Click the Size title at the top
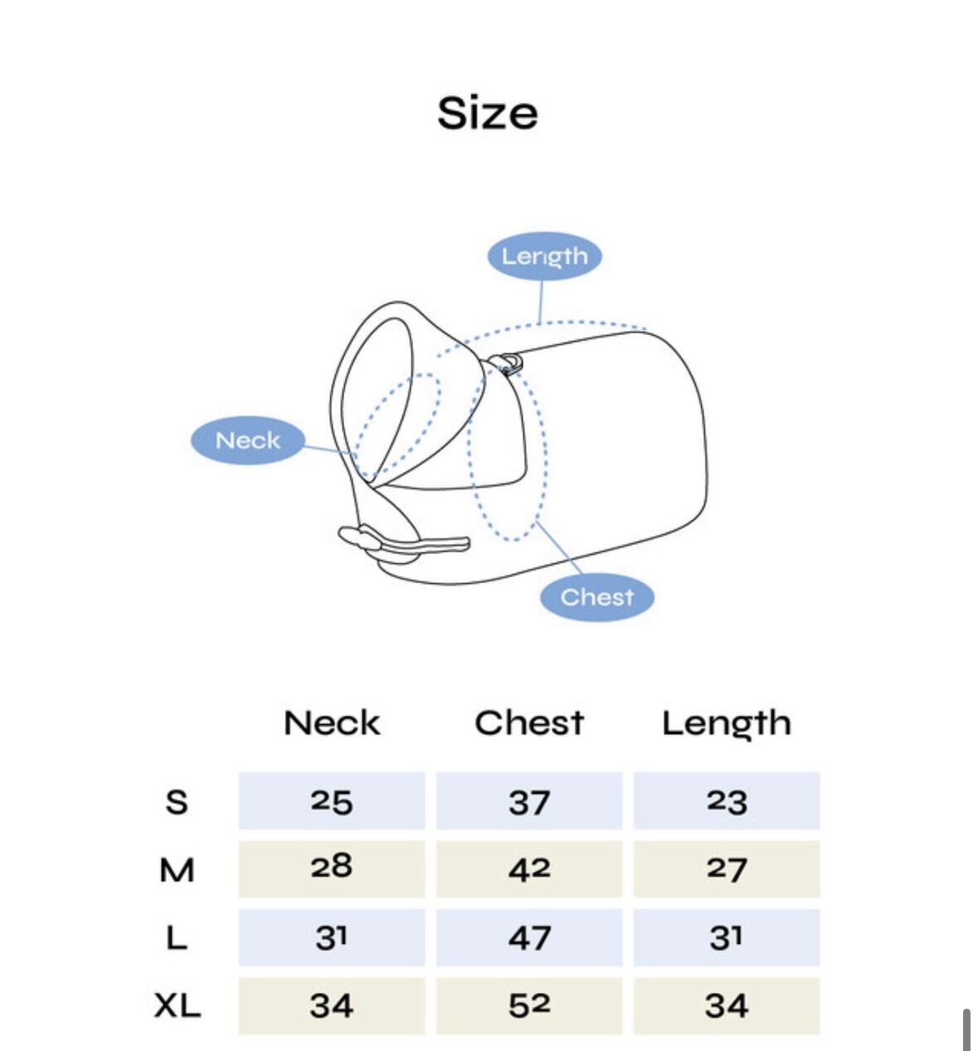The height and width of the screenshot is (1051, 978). click(488, 113)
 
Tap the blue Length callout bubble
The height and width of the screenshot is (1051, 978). click(544, 255)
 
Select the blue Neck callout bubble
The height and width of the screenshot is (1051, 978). click(248, 440)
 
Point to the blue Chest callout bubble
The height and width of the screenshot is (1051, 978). click(596, 596)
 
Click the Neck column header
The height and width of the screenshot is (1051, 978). click(332, 723)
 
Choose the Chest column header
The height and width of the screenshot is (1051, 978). click(529, 723)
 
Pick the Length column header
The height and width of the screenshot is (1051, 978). click(726, 723)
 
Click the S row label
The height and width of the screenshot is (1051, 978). click(177, 802)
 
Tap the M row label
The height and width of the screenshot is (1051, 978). click(177, 870)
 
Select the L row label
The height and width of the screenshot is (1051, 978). click(177, 938)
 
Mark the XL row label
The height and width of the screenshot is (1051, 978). click(177, 1006)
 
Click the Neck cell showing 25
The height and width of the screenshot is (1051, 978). click(332, 801)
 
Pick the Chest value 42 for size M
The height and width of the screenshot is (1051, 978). click(529, 869)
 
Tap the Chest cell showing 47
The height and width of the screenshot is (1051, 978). click(529, 938)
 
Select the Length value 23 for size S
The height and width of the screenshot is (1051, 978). click(727, 801)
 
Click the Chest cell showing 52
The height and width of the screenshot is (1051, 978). click(529, 1006)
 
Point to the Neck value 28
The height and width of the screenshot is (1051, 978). click(332, 868)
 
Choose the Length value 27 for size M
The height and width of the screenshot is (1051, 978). click(727, 869)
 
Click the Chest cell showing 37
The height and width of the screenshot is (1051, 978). click(529, 801)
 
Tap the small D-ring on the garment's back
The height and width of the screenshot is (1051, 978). click(507, 362)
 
